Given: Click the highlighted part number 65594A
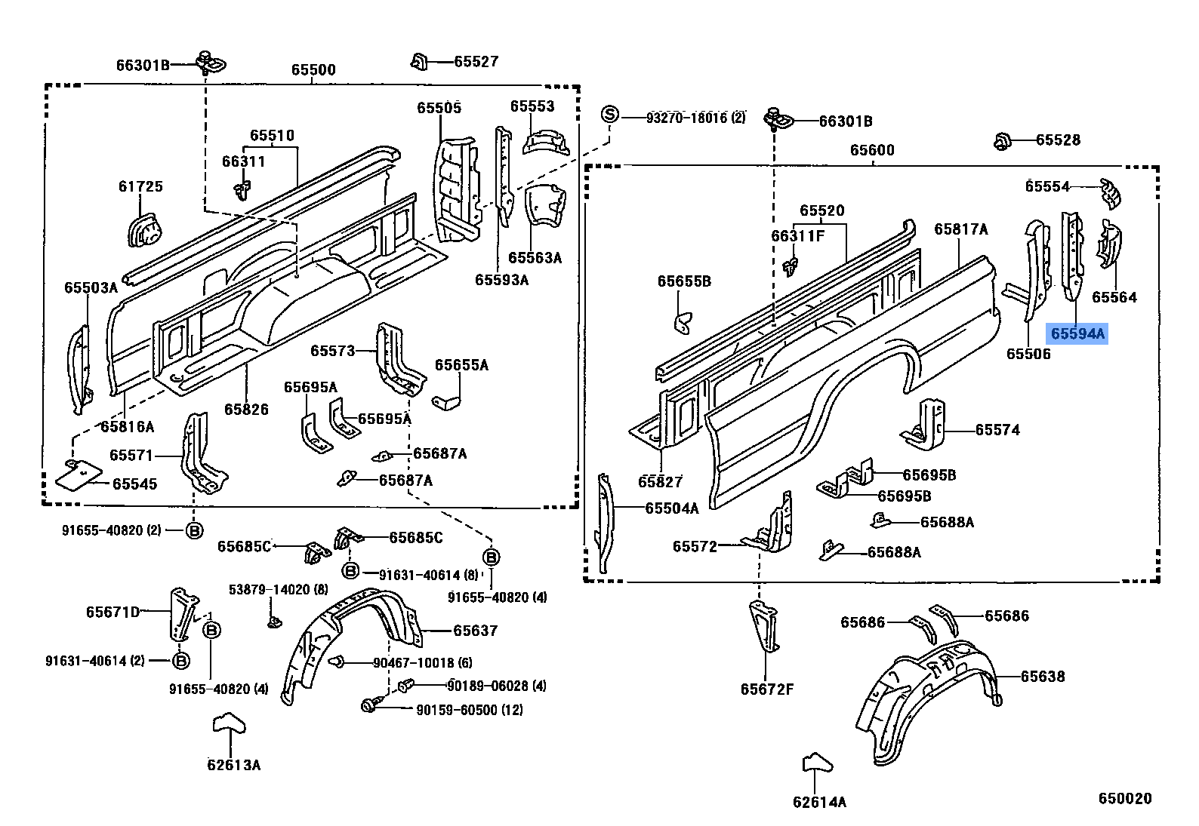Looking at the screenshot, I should [x=1077, y=333].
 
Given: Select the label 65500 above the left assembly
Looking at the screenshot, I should [x=313, y=69].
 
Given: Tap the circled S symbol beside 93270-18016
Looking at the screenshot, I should [x=609, y=115].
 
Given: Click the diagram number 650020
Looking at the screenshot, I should [x=1124, y=798].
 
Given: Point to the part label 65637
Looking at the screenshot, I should [x=475, y=630].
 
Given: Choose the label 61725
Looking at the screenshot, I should [x=140, y=186].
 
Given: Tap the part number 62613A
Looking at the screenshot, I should [x=233, y=765].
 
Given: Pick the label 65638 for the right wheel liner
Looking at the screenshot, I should [x=1043, y=676].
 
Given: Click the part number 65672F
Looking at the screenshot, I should [x=766, y=689].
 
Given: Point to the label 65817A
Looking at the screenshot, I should [x=960, y=229].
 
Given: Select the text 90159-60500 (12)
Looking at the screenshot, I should [x=469, y=710].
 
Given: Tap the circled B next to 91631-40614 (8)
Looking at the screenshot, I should [x=350, y=571].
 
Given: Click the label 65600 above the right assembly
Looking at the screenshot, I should [x=872, y=149].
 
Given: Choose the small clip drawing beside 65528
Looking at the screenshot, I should [x=1002, y=140].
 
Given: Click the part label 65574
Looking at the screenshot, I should [x=997, y=429].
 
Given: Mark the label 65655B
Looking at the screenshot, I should [x=684, y=281].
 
